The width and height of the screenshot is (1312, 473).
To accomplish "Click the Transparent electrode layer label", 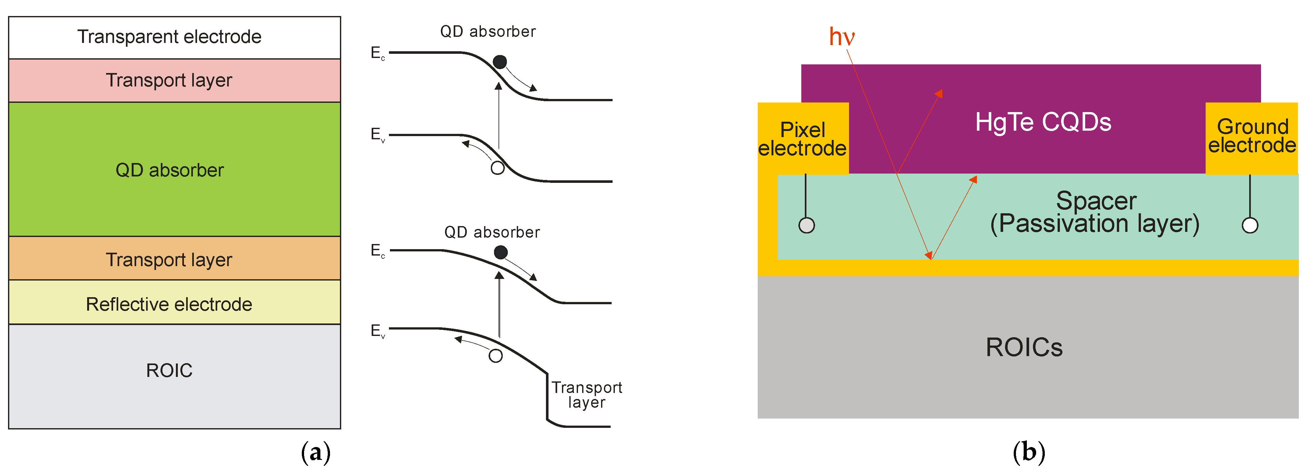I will click(169, 37).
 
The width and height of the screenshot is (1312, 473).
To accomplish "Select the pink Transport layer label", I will click(169, 80).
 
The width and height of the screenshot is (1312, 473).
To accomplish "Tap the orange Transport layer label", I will click(169, 260).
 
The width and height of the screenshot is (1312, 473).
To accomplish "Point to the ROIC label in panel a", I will click(169, 370).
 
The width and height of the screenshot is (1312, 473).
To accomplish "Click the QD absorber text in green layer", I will click(169, 170).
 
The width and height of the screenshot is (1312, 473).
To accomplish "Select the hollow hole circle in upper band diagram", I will click(498, 167).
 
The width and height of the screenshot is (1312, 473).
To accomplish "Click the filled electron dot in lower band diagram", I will click(501, 252).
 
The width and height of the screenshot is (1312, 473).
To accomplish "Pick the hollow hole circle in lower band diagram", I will click(496, 355).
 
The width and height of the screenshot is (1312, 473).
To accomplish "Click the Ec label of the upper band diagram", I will click(377, 53).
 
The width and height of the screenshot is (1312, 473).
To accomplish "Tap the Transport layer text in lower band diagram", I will click(587, 395).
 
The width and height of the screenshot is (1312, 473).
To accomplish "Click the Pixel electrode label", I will click(802, 139).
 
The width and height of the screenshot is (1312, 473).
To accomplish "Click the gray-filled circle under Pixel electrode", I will click(806, 225).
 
